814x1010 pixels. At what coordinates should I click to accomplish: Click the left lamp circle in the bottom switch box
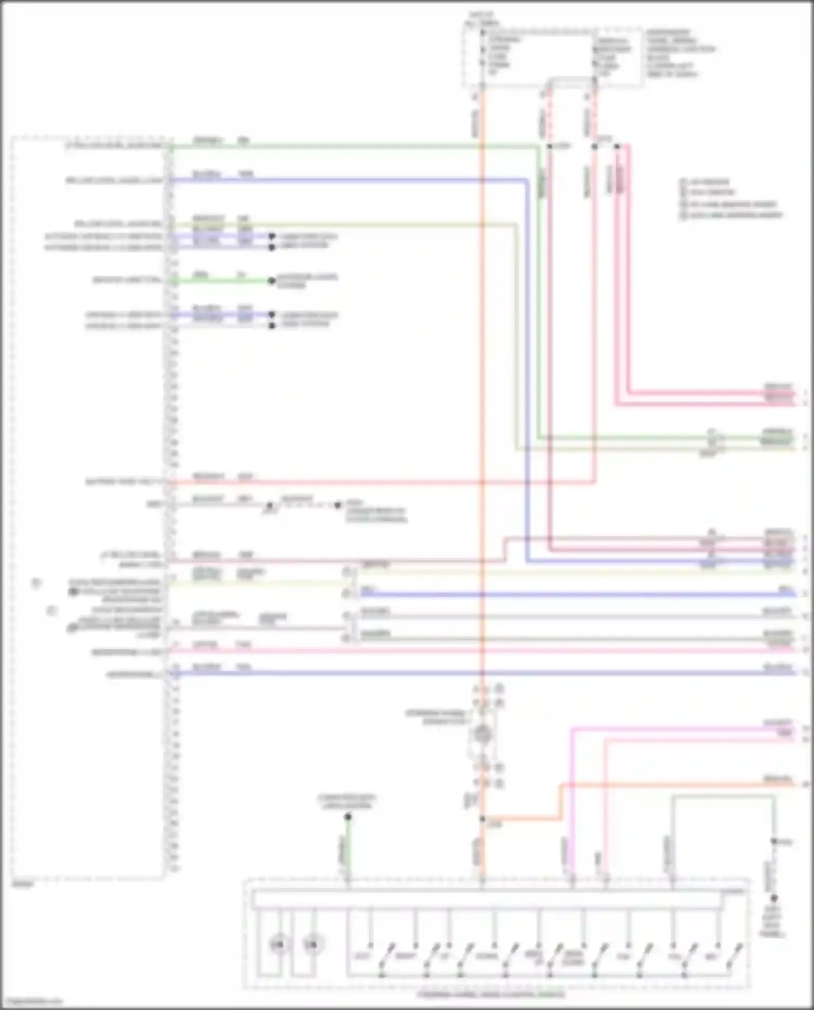point(277,945)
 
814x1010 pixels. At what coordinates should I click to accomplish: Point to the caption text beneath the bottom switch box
point(491,995)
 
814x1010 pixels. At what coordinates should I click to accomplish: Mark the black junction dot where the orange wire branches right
point(482,818)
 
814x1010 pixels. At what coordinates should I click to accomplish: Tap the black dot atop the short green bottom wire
point(348,817)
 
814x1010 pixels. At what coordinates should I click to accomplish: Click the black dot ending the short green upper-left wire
point(272,281)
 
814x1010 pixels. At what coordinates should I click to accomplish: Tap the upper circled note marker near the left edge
point(36,583)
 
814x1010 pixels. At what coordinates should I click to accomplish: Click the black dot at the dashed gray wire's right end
point(338,505)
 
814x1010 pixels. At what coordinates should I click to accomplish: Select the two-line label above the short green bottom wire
point(347,802)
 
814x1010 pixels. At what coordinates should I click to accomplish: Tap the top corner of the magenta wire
point(573,730)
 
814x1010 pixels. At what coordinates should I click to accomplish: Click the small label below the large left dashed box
point(23,885)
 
